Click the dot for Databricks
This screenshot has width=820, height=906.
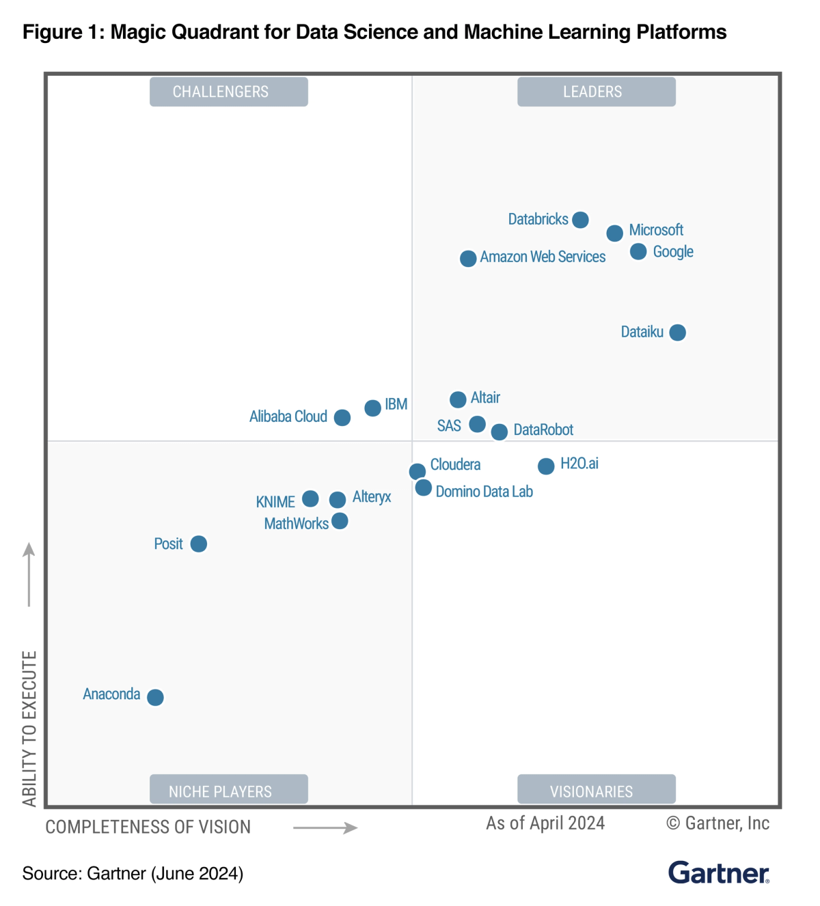pos(580,220)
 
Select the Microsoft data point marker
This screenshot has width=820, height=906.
pos(614,233)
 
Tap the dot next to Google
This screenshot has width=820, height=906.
pos(638,252)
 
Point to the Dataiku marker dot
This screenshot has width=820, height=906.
pos(677,332)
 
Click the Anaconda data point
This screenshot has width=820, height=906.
pos(155,697)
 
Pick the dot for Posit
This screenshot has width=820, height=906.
pos(199,544)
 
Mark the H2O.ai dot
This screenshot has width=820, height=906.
pos(546,466)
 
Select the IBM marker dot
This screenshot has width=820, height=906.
pos(372,408)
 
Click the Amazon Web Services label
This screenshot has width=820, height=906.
pos(543,257)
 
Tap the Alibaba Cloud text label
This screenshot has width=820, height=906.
pos(288,416)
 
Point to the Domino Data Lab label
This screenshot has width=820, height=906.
pos(484,492)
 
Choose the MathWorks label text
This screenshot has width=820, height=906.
pos(296,524)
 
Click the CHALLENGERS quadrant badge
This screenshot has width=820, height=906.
pos(229,91)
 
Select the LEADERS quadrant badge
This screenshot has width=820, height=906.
pos(596,91)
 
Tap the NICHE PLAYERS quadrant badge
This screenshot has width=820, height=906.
pos(229,790)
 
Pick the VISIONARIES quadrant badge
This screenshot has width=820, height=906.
pos(596,790)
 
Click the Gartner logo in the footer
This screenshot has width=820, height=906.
pos(718,873)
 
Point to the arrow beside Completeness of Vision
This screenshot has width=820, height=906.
pos(325,828)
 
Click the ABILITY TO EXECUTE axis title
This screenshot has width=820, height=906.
pos(29,728)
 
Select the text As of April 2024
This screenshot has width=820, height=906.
pos(545,823)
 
